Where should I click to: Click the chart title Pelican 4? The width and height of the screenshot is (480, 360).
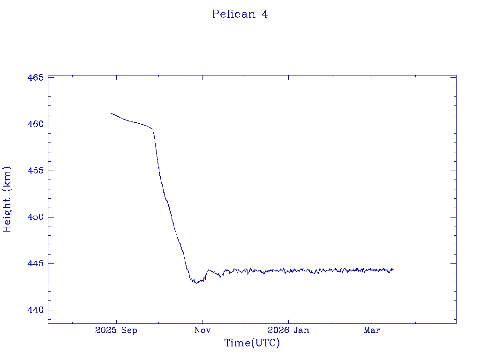pyautogui.click(x=240, y=15)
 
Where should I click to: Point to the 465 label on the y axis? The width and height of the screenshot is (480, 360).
pyautogui.click(x=36, y=77)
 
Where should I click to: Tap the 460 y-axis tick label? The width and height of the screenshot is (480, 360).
pyautogui.click(x=36, y=124)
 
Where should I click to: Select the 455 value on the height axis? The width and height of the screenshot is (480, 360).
pyautogui.click(x=36, y=171)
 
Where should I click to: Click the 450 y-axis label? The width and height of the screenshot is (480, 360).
pyautogui.click(x=36, y=217)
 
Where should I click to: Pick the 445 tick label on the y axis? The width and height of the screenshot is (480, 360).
pyautogui.click(x=36, y=263)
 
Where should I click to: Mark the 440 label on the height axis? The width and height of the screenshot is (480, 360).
pyautogui.click(x=36, y=310)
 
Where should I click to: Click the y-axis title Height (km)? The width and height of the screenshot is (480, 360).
pyautogui.click(x=7, y=199)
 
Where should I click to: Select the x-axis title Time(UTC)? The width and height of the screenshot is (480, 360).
pyautogui.click(x=252, y=343)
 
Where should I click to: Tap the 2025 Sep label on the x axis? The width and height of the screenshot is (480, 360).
pyautogui.click(x=116, y=330)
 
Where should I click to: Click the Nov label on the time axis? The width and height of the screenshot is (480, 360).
pyautogui.click(x=202, y=330)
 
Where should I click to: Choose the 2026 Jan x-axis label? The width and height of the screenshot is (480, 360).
pyautogui.click(x=288, y=330)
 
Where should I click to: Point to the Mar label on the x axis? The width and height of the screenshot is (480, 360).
pyautogui.click(x=372, y=330)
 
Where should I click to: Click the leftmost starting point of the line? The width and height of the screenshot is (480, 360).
pyautogui.click(x=111, y=113)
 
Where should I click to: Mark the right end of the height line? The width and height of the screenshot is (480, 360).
pyautogui.click(x=394, y=270)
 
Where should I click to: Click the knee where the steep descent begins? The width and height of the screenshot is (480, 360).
pyautogui.click(x=153, y=129)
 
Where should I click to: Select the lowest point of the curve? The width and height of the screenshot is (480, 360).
pyautogui.click(x=197, y=283)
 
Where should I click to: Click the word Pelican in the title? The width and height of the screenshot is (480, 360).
pyautogui.click(x=233, y=15)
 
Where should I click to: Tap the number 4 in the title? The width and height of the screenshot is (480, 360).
pyautogui.click(x=265, y=15)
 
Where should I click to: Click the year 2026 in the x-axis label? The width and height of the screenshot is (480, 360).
pyautogui.click(x=277, y=330)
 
